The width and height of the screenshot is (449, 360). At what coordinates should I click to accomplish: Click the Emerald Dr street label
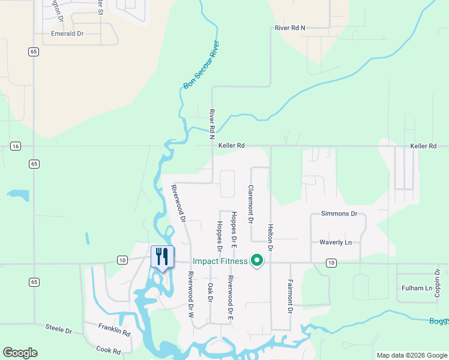pyautogui.click(x=67, y=34)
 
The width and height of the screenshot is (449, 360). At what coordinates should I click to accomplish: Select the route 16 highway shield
pyautogui.click(x=16, y=146)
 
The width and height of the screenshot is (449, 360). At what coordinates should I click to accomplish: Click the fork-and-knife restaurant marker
pyautogui.click(x=162, y=257)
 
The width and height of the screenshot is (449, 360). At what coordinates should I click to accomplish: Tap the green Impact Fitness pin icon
pyautogui.click(x=257, y=261)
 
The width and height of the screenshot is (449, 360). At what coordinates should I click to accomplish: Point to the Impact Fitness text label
pyautogui.click(x=220, y=261)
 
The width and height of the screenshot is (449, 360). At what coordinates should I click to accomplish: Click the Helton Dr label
pyautogui.click(x=271, y=238)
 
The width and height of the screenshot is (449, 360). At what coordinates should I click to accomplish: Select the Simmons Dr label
pyautogui.click(x=339, y=214)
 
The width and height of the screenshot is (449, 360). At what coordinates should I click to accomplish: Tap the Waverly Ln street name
pyautogui.click(x=336, y=242)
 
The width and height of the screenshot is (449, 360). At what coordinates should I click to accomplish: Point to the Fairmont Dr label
pyautogui.click(x=290, y=296)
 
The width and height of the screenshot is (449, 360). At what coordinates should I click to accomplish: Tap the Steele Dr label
pyautogui.click(x=59, y=329)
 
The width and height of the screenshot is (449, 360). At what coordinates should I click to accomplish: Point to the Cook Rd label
pyautogui.click(x=109, y=349)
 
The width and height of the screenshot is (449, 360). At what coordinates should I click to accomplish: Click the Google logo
pyautogui.click(x=20, y=353)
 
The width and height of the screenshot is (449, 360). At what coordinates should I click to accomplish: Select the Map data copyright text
pyautogui.click(x=411, y=355)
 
